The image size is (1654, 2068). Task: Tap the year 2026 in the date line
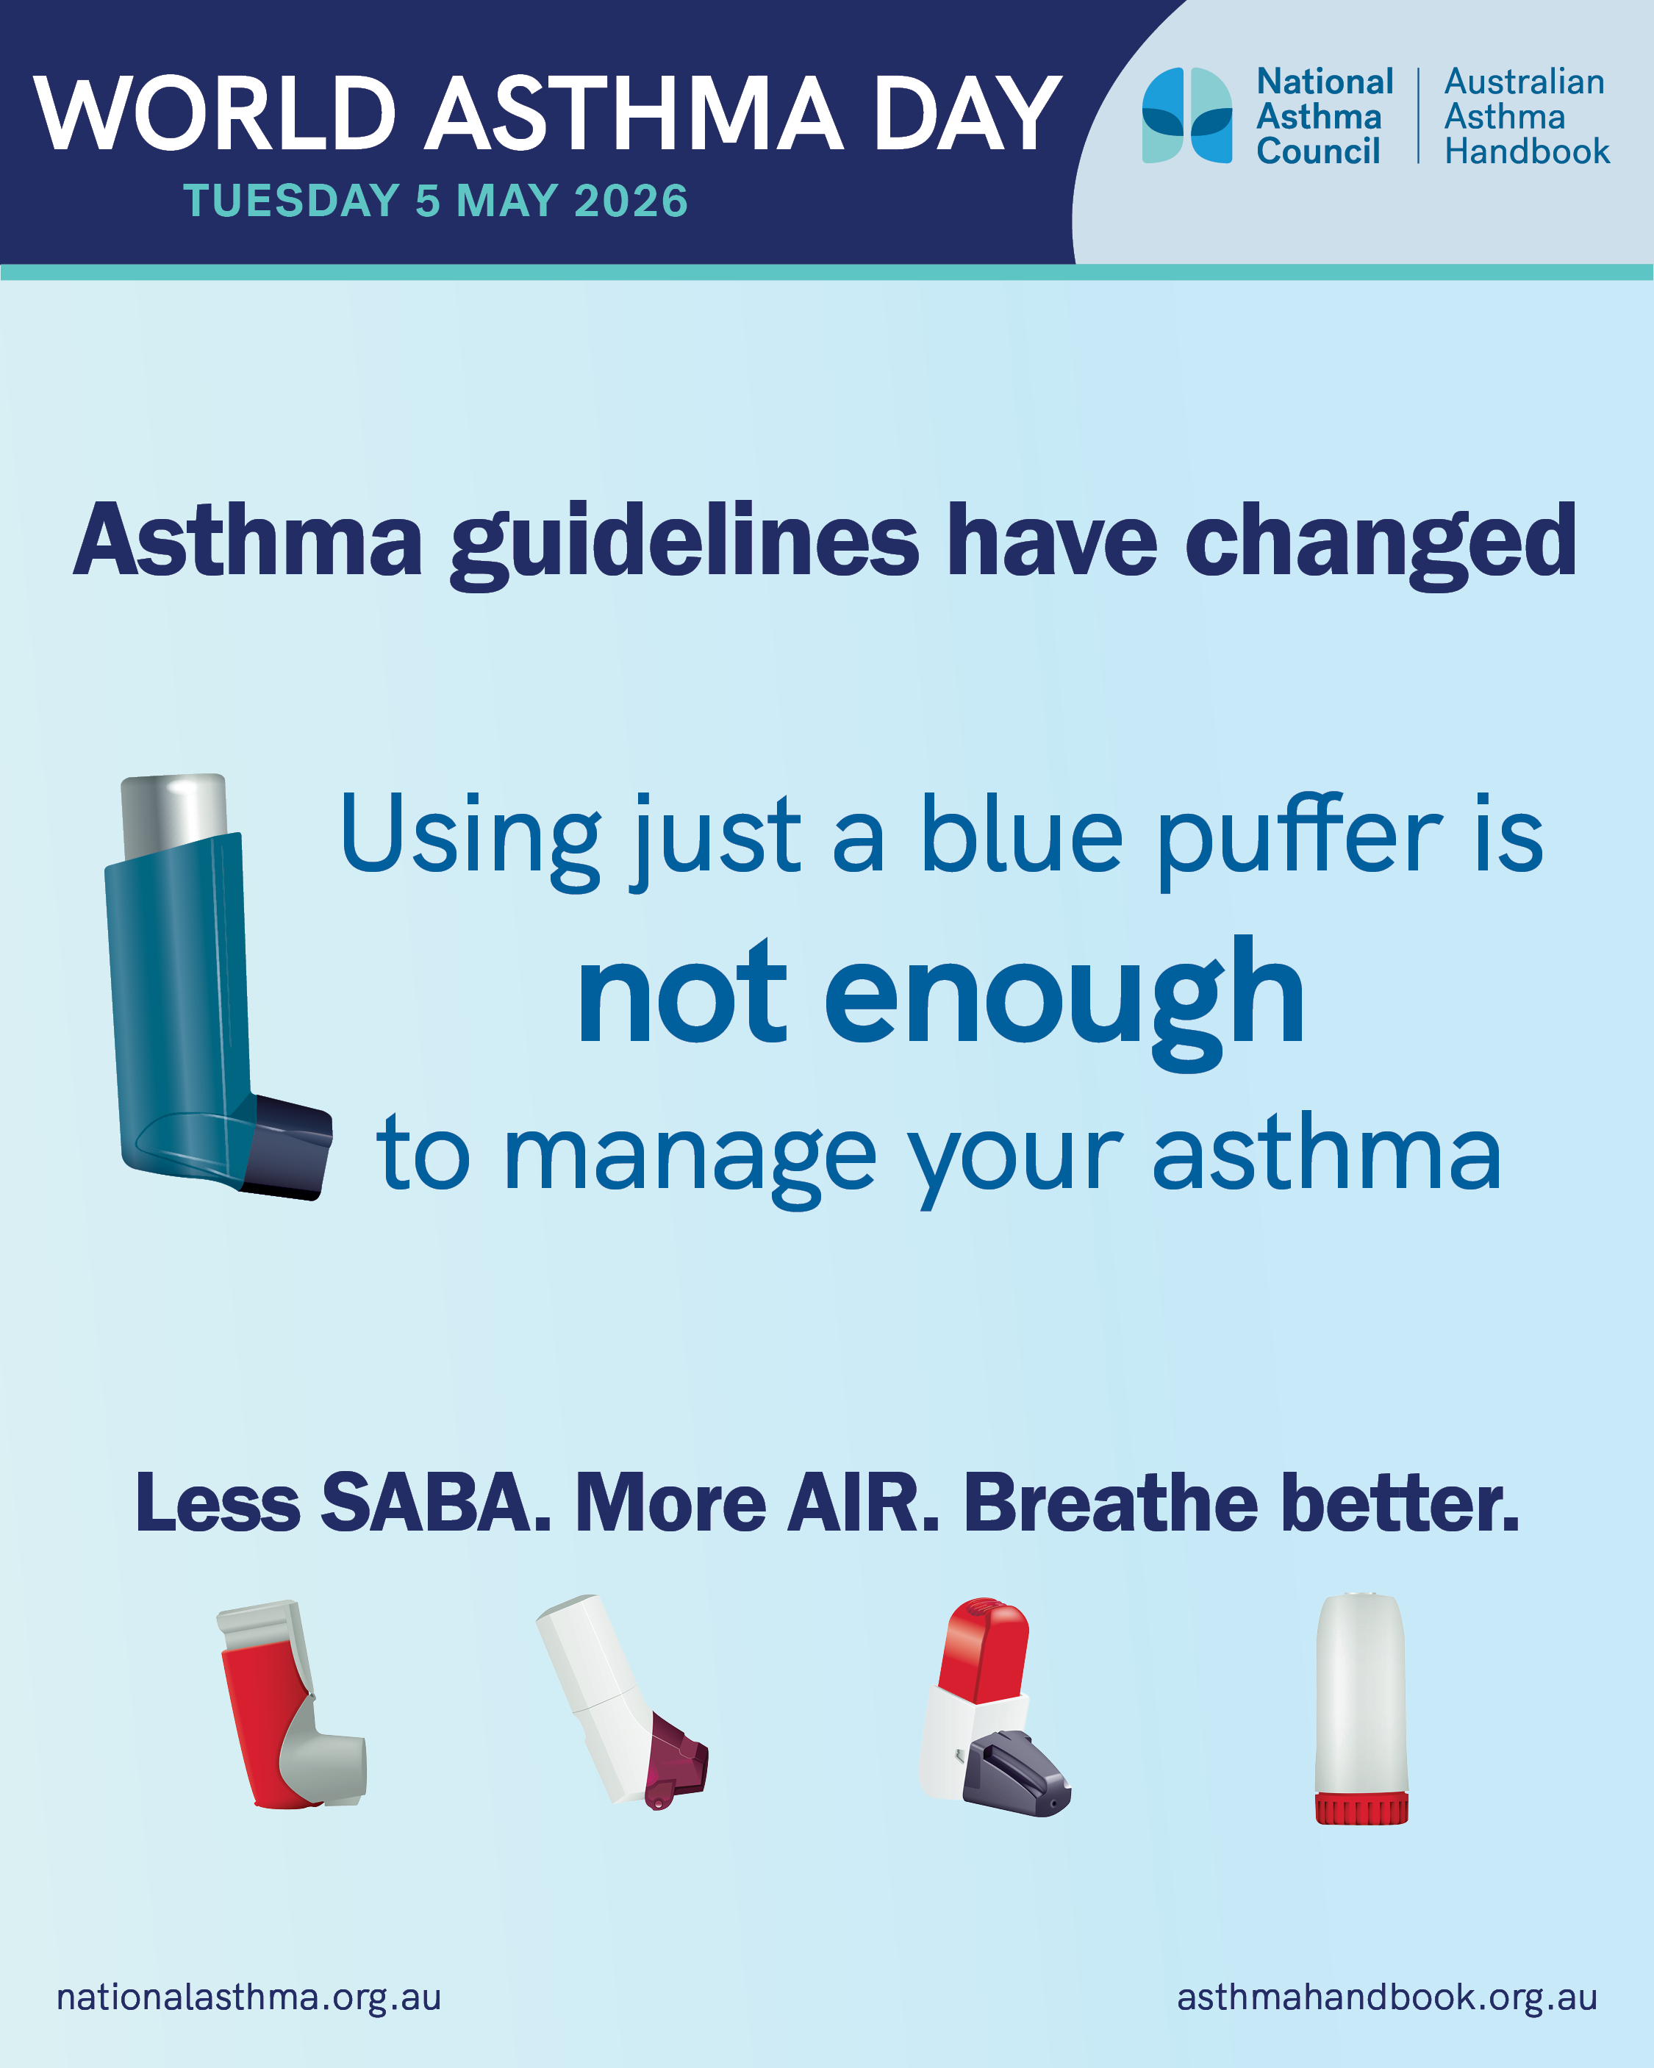[x=631, y=201]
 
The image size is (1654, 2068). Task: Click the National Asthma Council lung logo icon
[x=1186, y=115]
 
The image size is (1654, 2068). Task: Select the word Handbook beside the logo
[x=1528, y=151]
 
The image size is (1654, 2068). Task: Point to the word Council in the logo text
[x=1318, y=151]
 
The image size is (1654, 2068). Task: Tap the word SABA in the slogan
[x=436, y=1502]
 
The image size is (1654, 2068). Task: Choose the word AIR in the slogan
[x=862, y=1502]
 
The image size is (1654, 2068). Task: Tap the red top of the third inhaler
[x=985, y=1650]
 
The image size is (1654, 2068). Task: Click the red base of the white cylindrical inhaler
[x=1361, y=1807]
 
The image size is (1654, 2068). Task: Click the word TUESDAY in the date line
[x=290, y=201]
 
